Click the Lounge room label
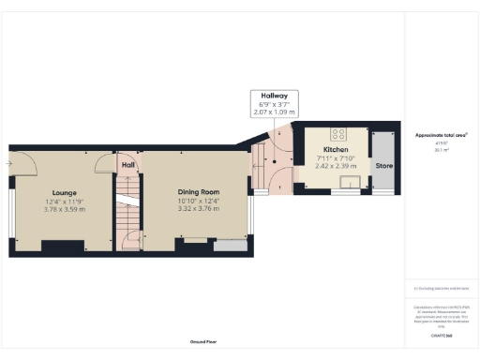[x=64, y=191]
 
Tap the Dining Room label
[x=199, y=191]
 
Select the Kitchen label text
[x=336, y=150]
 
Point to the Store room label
[x=382, y=166]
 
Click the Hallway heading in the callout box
[x=274, y=96]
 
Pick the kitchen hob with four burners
[x=337, y=133]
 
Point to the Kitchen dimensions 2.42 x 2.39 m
[x=336, y=167]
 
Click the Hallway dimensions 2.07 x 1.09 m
[x=274, y=112]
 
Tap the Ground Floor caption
[x=202, y=342]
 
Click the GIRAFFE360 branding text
[x=442, y=335]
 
